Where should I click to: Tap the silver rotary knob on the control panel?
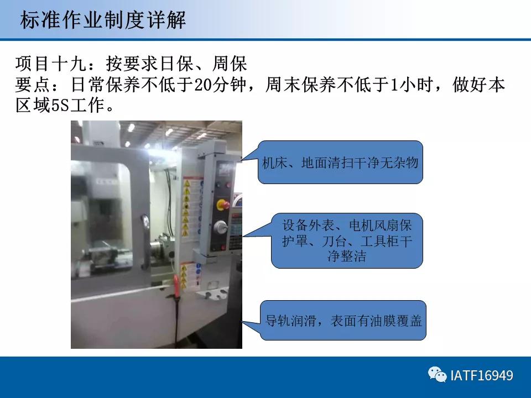coord(221,226)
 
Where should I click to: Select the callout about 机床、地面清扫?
coord(340,163)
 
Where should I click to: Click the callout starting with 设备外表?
coord(347,241)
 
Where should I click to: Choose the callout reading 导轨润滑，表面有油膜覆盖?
coord(343,320)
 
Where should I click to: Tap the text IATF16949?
coord(482,376)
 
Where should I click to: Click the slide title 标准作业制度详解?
coord(103,20)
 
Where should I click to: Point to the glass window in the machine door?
coord(105,205)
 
